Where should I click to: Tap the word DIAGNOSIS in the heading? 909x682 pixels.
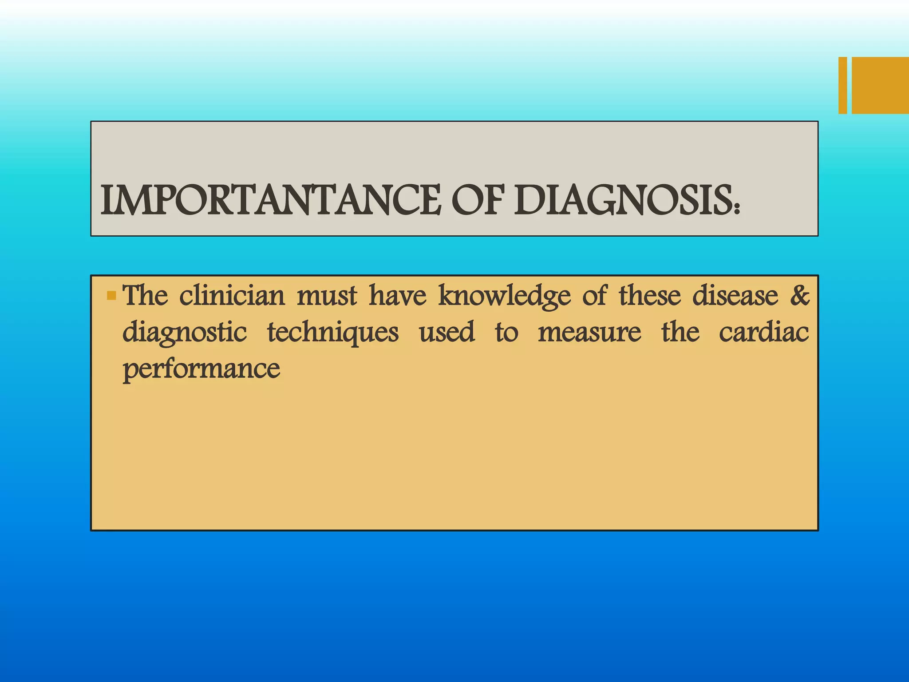(621, 201)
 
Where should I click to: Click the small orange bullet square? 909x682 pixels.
(111, 295)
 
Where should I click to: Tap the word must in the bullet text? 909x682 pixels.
(327, 296)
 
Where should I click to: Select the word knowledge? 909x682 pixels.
(504, 297)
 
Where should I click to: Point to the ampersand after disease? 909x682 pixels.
(800, 295)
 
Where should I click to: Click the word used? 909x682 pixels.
(447, 332)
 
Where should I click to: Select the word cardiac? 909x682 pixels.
(764, 332)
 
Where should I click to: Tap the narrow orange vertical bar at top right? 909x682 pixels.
(842, 85)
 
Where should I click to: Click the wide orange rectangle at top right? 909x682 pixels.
(880, 85)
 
